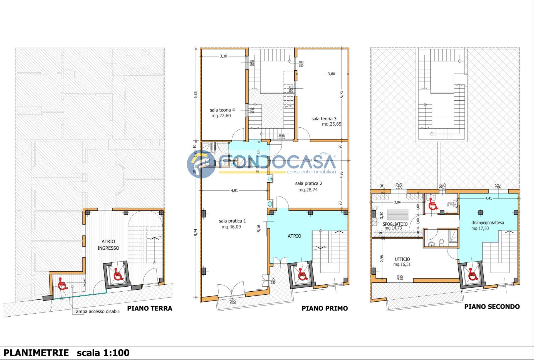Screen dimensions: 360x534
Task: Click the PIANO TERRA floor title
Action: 150,308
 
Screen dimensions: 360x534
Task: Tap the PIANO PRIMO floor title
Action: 325,308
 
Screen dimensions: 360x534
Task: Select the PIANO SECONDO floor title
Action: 492,307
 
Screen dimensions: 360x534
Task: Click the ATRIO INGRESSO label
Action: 108,245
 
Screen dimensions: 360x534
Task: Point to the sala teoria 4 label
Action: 222,110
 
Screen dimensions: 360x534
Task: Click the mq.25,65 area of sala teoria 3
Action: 331,124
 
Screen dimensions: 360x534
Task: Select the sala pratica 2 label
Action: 308,183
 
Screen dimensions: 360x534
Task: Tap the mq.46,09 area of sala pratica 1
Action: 231,227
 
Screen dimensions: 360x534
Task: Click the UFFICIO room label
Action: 402,259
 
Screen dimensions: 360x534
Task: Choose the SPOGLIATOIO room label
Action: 395,224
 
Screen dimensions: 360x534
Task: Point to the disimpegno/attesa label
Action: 488,223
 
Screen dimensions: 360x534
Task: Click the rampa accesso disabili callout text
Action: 97,312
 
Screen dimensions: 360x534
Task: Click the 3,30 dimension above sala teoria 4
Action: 223,56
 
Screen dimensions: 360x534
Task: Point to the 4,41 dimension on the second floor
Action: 488,198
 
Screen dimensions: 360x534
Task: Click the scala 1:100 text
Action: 103,353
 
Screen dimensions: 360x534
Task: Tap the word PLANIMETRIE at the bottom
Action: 36,353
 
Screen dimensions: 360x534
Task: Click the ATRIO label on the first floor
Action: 294,236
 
